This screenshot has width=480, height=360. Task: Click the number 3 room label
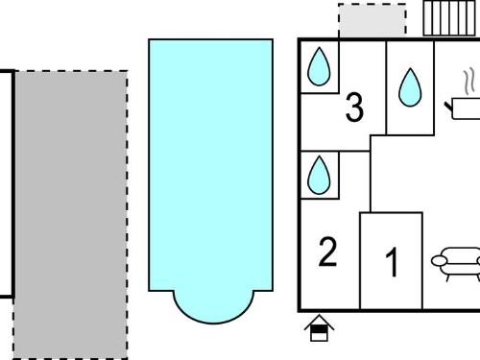354,108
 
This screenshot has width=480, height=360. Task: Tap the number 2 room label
328,252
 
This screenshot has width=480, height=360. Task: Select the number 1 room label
392,262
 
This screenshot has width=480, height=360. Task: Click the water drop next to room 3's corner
319,66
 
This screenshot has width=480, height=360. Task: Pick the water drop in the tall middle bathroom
410,87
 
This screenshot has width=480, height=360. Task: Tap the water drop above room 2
319,175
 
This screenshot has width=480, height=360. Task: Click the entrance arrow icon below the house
319,328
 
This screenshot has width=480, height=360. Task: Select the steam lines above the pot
468,82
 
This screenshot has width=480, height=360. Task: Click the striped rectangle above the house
449,18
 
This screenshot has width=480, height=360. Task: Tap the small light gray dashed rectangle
372,20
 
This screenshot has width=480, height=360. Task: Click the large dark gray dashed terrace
70,215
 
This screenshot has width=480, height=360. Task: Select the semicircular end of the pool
213,307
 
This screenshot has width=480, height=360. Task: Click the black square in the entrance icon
319,329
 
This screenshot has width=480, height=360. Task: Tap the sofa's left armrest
439,261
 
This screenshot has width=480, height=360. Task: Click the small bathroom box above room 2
320,175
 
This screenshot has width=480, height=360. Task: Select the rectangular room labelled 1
392,261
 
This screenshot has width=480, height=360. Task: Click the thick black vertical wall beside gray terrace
13,184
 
